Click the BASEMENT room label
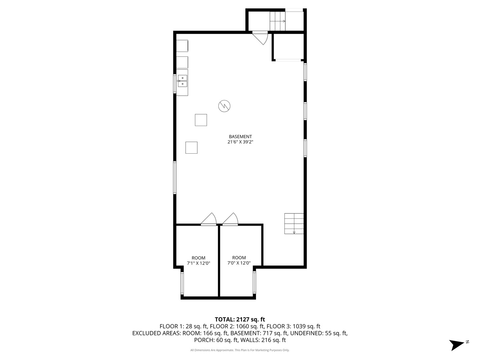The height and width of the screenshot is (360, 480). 240,136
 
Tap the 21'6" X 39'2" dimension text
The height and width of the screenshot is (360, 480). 240,142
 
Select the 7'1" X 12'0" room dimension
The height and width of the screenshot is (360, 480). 198,263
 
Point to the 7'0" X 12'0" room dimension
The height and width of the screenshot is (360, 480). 239,263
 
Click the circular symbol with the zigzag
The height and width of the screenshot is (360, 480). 224,106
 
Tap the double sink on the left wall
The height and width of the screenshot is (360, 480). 182,81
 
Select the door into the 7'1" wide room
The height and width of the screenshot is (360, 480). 209,220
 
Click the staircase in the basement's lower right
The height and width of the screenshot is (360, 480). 294,223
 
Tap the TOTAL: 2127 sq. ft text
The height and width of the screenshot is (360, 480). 240,319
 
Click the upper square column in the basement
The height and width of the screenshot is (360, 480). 201,120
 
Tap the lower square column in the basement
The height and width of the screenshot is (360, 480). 191,148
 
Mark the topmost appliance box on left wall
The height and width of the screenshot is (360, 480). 182,46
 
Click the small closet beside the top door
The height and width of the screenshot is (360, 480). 288,46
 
